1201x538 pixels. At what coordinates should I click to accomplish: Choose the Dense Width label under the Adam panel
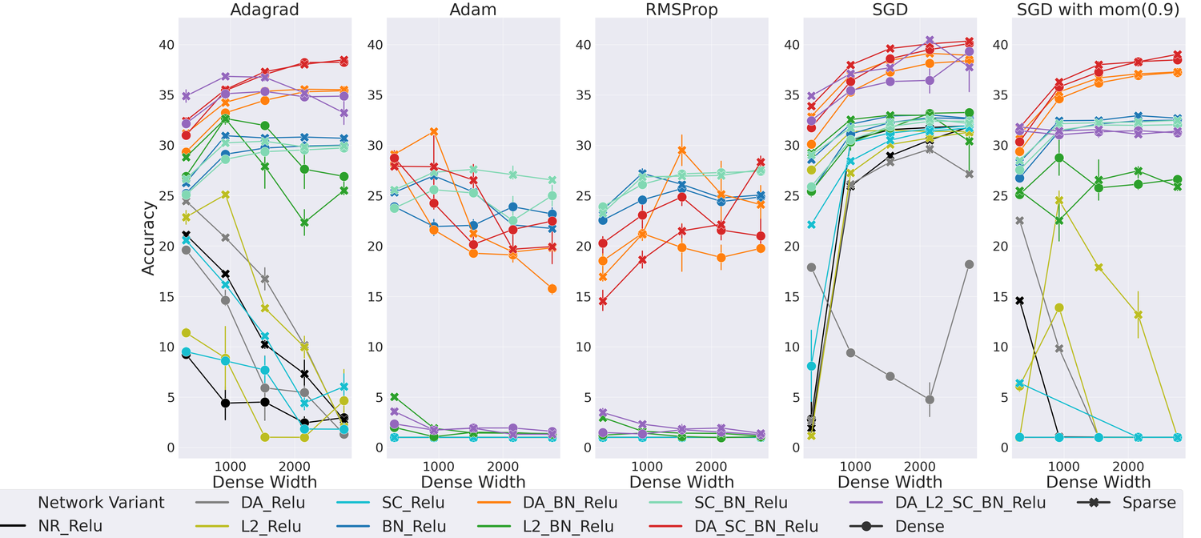473,481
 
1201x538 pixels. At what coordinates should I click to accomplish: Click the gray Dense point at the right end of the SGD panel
969,264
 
